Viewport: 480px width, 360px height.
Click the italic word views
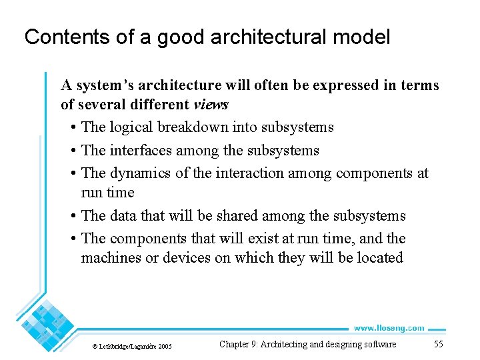pos(211,104)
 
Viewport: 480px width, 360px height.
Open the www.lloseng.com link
pos(388,328)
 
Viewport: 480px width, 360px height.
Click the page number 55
pos(438,344)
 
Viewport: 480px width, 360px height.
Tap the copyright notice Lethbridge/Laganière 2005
pos(131,346)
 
